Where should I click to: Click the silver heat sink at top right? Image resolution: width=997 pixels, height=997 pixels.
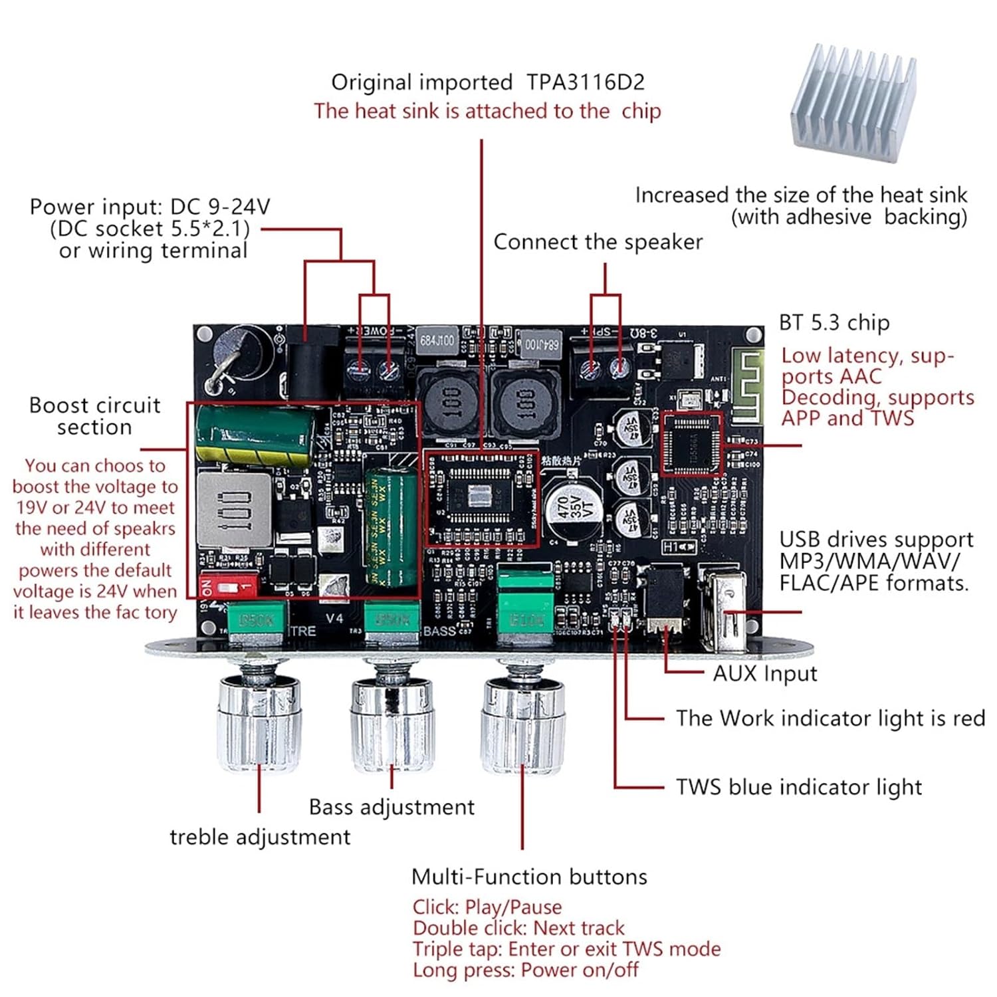coord(854,106)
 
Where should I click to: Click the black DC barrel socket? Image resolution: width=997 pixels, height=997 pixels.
coord(308,369)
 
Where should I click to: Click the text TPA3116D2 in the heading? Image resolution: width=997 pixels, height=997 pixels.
coord(585,82)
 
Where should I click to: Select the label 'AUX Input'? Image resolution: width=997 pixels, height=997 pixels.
coord(764,673)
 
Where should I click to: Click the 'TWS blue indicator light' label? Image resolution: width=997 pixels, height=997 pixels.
coord(798,787)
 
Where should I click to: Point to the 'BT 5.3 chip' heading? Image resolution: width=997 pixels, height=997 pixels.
coord(833,323)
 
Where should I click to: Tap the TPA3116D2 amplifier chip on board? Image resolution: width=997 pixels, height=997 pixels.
coord(480,496)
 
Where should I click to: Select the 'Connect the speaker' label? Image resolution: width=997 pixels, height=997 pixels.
coord(597,242)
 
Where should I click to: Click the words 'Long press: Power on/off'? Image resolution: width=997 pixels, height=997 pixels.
coord(525,970)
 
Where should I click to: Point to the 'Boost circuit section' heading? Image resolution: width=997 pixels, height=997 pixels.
coord(95,416)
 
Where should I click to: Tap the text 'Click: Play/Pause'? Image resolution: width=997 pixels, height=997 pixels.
coord(487,907)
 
